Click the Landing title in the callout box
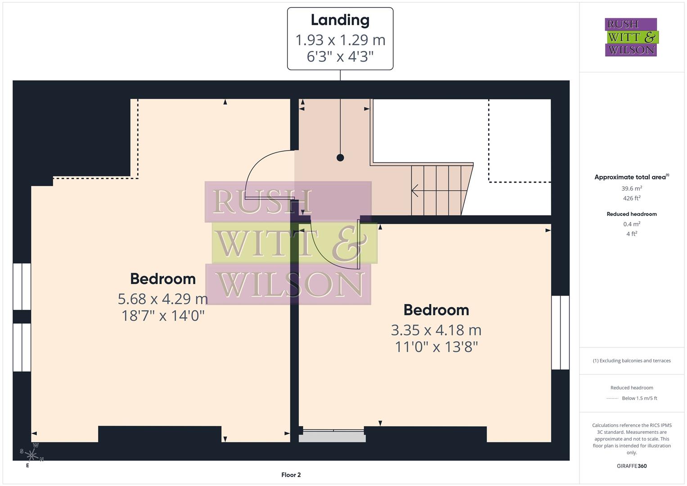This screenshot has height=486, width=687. pos(340,20)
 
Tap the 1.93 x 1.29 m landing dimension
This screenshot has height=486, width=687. pos(340,40)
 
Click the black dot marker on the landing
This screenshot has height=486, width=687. pos(341,157)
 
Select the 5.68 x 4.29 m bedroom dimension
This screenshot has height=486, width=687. pos(163,299)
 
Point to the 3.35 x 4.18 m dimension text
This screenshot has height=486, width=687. pos(436,330)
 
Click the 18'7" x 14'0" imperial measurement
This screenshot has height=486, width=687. pos(163,316)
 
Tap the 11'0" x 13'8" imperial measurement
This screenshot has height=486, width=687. pos(436,347)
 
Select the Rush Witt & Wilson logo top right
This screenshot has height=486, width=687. pos(631,37)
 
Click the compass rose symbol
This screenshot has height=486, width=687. pos(32,455)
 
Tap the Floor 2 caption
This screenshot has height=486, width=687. pos(291,475)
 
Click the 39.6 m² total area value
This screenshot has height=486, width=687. pos(632,189)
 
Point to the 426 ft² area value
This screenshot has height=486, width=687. pos(632,198)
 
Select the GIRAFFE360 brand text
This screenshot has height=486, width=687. pos(632,466)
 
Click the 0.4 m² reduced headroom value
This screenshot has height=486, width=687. pos(632,224)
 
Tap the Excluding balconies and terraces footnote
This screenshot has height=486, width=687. pos(632,360)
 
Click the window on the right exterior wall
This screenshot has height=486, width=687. pos(561,333)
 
